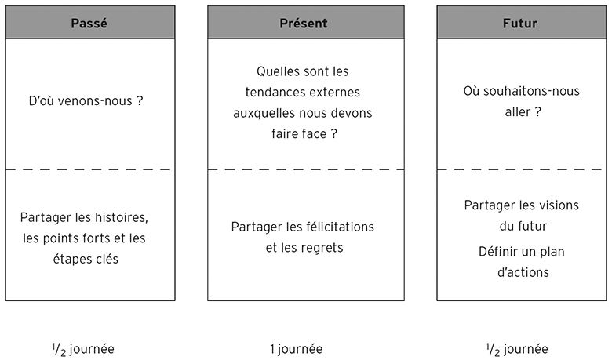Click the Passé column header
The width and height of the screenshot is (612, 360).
89,24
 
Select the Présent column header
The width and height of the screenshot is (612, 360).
304,24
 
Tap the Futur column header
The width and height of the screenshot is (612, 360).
520,24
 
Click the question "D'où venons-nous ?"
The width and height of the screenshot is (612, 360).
86,101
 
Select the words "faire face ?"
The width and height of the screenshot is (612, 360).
304,134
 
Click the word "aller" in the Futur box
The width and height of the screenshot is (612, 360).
518,112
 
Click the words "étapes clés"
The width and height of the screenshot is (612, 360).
86,259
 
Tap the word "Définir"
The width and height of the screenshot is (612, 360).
497,252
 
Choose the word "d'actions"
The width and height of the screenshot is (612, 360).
523,272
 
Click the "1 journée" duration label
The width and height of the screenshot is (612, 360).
297,349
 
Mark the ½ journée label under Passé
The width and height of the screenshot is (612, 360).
82,350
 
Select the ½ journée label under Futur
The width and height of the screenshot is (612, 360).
517,350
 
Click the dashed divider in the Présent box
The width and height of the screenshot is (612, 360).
306,169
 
